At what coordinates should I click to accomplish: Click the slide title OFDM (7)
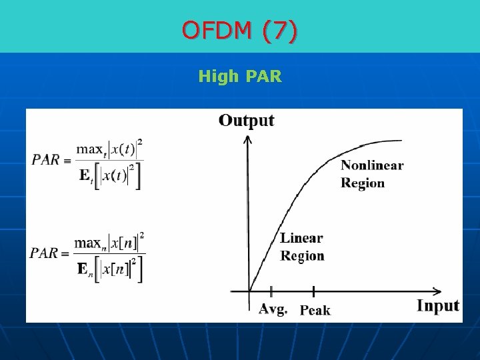point(240,31)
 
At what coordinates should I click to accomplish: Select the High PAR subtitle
point(240,77)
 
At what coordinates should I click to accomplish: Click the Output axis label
point(246,121)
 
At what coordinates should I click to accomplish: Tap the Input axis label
point(437,306)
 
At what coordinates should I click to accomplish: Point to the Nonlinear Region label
point(372,174)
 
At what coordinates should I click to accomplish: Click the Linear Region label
point(302,247)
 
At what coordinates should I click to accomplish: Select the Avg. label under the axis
point(273,309)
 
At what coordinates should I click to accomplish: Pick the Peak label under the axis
point(315,310)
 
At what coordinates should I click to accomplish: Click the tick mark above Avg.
point(271,291)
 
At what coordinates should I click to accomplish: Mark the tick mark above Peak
point(313,291)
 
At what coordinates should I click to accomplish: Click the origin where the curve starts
point(249,291)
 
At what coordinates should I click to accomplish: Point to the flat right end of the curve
point(397,141)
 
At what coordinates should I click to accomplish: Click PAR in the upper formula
point(45,160)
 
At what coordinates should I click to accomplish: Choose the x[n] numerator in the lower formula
point(124,243)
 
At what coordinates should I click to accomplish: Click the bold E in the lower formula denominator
point(83,269)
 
